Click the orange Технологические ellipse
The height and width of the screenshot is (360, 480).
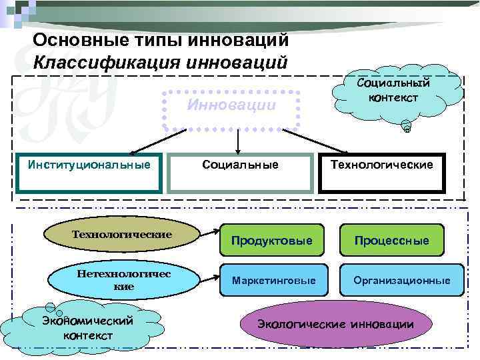tap(122, 235)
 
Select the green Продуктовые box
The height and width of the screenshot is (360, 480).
tap(271, 239)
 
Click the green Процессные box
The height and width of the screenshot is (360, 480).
tap(392, 239)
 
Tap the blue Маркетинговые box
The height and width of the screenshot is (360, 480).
tap(273, 280)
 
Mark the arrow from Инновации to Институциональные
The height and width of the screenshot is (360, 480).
tap(157, 142)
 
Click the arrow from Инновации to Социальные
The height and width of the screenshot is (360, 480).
tap(237, 142)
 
